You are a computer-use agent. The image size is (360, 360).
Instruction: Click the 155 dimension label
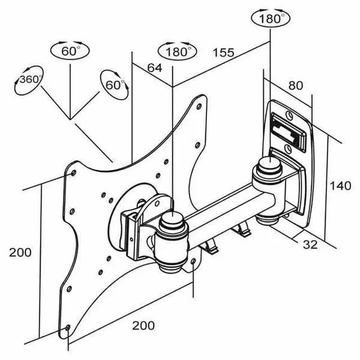tap(223, 52)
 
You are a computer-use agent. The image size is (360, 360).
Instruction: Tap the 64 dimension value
tap(155, 67)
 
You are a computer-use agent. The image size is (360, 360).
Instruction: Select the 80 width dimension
tap(296, 85)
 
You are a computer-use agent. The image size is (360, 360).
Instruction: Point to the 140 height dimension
tap(340, 186)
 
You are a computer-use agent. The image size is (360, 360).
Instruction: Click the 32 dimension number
tap(310, 245)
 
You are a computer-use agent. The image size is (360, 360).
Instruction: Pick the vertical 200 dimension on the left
tap(20, 253)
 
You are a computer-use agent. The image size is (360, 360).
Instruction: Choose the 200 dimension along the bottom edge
tap(143, 325)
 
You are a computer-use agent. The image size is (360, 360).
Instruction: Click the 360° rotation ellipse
tap(29, 80)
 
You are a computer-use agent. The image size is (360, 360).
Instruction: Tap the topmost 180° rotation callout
tap(271, 18)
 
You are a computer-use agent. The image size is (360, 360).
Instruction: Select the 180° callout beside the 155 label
tap(178, 51)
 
